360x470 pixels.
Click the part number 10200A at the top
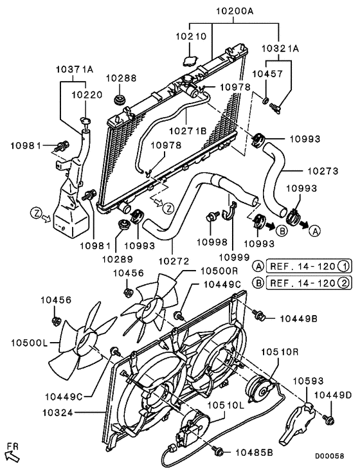(235, 12)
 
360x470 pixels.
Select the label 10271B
(188, 131)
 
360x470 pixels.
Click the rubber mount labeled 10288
(121, 100)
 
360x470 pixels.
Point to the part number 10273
(323, 171)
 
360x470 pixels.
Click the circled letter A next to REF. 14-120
(258, 266)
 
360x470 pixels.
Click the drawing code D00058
(329, 456)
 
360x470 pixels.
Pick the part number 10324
(58, 413)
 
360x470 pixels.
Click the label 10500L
(30, 343)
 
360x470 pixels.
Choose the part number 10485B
(254, 453)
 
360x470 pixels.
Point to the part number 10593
(308, 381)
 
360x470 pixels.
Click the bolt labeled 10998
(212, 217)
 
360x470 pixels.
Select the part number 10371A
(75, 69)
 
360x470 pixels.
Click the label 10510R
(280, 352)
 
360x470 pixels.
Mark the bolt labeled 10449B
(258, 315)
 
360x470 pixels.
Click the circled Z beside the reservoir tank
(35, 213)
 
